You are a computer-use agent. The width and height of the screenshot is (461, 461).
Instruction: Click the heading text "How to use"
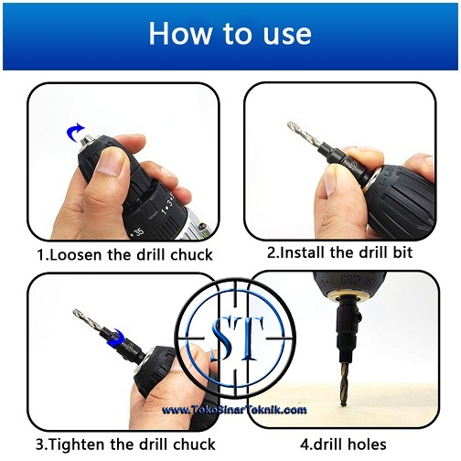tap(230, 33)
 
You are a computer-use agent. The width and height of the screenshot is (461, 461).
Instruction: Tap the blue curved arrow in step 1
tap(74, 133)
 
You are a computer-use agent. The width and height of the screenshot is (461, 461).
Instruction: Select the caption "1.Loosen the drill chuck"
tap(124, 255)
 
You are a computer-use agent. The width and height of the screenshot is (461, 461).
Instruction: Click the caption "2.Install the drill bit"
tap(339, 252)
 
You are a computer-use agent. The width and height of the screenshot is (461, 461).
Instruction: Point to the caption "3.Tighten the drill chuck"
tap(125, 445)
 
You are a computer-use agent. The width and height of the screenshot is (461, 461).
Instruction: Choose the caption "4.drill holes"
tap(343, 445)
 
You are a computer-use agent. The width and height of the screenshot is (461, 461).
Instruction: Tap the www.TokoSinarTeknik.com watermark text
tap(234, 410)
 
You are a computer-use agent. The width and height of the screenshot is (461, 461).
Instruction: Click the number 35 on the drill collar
tap(138, 232)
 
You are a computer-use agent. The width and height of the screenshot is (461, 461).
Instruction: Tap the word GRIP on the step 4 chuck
tap(350, 280)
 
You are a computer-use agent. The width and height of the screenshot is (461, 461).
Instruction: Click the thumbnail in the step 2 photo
tap(330, 184)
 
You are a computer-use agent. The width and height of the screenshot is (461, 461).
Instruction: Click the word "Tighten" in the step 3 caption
tap(78, 445)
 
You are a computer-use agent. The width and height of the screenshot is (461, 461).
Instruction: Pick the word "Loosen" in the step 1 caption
tap(77, 255)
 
